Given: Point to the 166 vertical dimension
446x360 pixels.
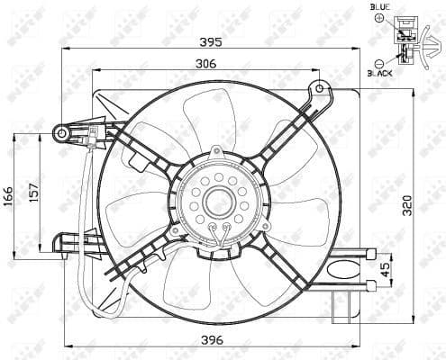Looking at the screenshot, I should pyautogui.click(x=9, y=195).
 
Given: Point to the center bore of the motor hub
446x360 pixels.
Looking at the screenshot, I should pyautogui.click(x=219, y=202).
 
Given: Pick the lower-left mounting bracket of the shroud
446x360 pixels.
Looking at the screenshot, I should pyautogui.click(x=68, y=243).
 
